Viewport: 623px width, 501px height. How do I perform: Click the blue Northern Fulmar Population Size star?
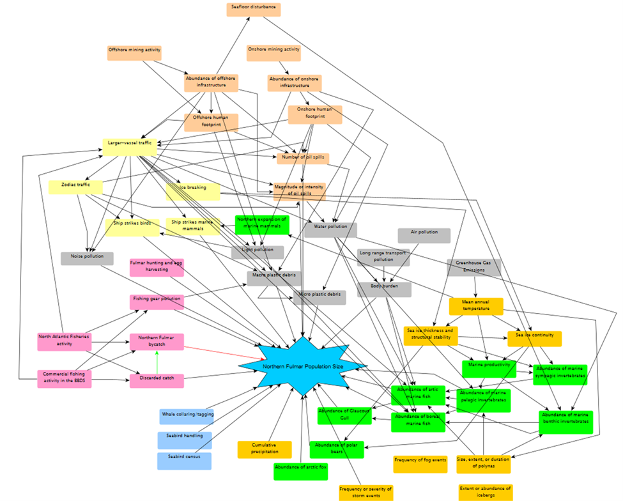click(x=303, y=367)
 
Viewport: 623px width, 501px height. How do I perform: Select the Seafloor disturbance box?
click(x=254, y=10)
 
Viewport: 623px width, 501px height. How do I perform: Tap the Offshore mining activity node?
click(x=134, y=52)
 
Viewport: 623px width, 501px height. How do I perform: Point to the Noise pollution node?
click(x=87, y=258)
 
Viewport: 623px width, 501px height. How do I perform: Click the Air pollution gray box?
click(x=424, y=236)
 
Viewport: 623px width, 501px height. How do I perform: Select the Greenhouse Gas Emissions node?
click(x=474, y=267)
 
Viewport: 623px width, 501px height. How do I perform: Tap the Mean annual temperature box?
click(x=476, y=305)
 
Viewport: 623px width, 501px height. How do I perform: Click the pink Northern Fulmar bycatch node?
click(x=157, y=341)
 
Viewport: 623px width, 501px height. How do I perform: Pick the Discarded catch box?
click(x=157, y=381)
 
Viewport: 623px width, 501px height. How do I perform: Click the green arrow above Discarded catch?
click(x=157, y=362)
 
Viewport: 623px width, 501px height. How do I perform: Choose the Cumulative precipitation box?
click(x=265, y=449)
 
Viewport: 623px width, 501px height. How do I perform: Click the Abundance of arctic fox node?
click(x=300, y=471)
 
